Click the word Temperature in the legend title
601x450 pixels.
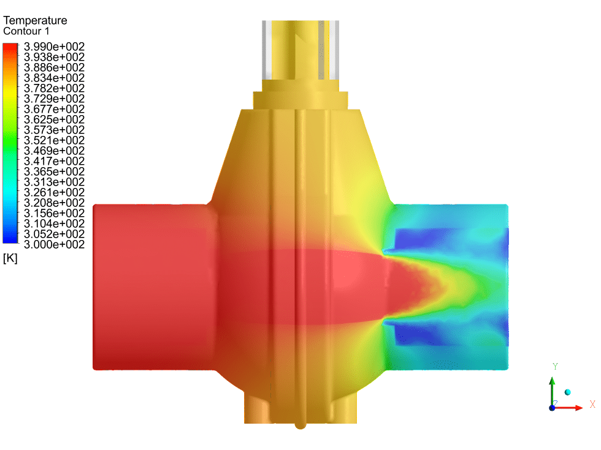(35, 20)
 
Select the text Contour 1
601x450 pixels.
(26, 31)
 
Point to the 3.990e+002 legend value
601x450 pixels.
(54, 47)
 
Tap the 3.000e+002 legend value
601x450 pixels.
(54, 244)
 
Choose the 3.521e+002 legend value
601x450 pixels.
(54, 140)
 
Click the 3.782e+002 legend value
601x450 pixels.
(54, 88)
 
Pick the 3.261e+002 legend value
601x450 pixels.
(54, 192)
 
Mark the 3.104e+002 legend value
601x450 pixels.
(54, 224)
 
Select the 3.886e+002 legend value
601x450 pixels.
(54, 67)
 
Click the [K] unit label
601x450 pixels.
(10, 258)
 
